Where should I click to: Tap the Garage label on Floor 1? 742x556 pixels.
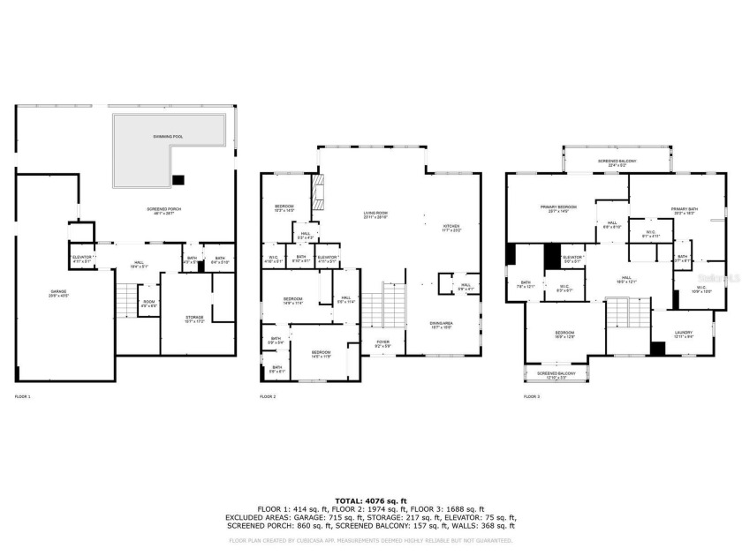[x=58, y=293]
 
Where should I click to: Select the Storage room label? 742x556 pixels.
[x=194, y=319]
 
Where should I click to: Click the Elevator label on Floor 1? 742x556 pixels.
[x=83, y=259]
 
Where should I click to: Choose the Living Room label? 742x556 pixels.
[x=376, y=214]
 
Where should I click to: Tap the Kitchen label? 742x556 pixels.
[x=451, y=228]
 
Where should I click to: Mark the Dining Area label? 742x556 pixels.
[x=441, y=324]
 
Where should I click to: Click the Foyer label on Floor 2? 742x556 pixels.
[x=383, y=343]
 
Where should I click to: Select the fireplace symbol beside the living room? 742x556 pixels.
[x=319, y=190]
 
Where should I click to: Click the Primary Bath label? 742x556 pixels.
[x=684, y=211]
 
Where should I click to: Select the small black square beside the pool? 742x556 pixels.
[x=179, y=180]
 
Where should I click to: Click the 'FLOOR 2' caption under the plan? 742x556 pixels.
[x=268, y=397]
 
